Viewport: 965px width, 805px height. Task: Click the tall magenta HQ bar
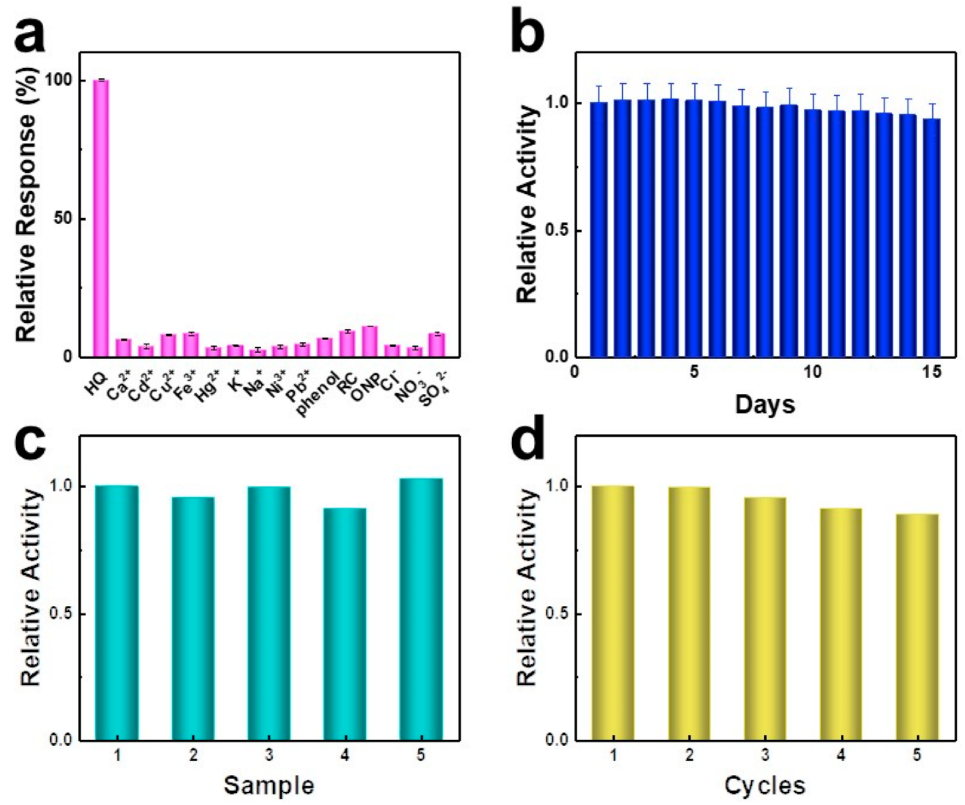[x=101, y=217]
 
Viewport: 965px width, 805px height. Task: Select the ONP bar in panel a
[x=370, y=342]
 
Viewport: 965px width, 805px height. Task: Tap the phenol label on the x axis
[x=317, y=394]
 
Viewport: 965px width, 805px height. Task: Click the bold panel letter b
[x=527, y=33]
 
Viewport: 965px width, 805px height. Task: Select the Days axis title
[x=765, y=404]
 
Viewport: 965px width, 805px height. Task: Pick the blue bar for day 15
[x=931, y=238]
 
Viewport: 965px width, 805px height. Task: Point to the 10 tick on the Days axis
[x=812, y=373]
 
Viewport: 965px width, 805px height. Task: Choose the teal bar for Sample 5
[x=422, y=609]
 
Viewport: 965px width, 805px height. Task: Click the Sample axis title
[x=269, y=785]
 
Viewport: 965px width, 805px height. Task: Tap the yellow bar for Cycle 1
[x=613, y=612]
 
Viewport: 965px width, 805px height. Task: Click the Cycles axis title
[x=765, y=785]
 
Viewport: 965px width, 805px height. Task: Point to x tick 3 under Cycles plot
[x=765, y=756]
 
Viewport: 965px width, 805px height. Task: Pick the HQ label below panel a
[x=96, y=385]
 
